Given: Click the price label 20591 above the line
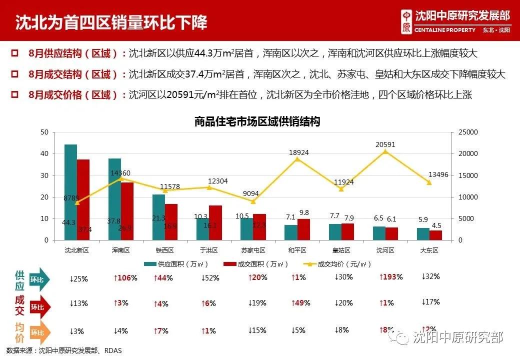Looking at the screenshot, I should [385, 144].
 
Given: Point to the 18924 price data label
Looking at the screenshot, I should [298, 152].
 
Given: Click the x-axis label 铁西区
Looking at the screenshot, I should [165, 249].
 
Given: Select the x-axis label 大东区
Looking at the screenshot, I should [429, 249].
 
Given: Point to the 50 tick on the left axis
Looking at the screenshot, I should [44, 132].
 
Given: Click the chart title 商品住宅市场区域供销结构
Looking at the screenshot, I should [257, 121].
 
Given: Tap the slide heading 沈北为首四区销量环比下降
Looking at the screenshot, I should [111, 22].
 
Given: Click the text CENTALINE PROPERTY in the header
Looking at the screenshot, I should [445, 30].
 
